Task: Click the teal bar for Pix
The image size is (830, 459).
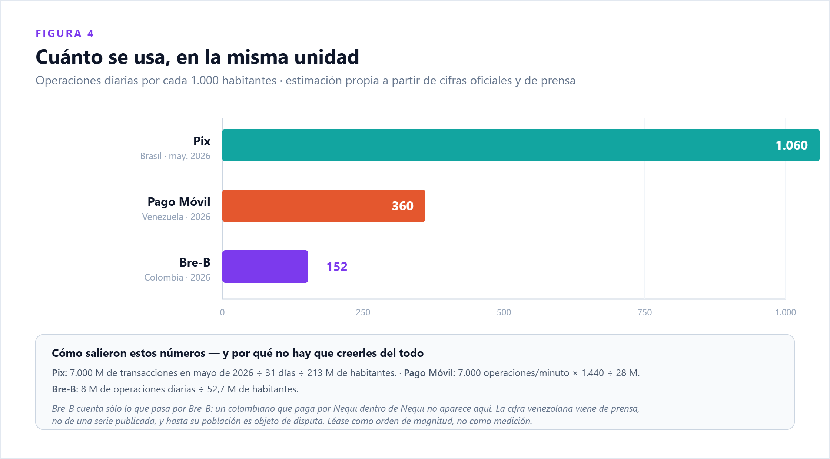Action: (x=521, y=145)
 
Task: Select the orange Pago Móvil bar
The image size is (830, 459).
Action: (x=324, y=206)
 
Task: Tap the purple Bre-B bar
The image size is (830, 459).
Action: (x=265, y=267)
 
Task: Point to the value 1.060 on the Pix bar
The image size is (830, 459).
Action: (x=791, y=145)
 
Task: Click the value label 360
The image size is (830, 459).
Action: (x=403, y=206)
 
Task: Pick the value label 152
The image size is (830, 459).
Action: (x=337, y=267)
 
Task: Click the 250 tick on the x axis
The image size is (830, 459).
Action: (x=363, y=312)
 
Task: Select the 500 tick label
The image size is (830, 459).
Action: (x=504, y=312)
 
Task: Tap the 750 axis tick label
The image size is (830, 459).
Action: (x=645, y=312)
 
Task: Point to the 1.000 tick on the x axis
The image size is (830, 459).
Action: (x=786, y=312)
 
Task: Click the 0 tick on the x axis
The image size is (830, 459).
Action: (x=222, y=312)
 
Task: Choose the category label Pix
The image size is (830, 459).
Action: (x=202, y=141)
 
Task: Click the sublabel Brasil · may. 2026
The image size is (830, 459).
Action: (x=175, y=156)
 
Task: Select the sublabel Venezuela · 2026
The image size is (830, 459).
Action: (x=176, y=217)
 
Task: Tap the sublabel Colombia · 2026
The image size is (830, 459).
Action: (x=177, y=278)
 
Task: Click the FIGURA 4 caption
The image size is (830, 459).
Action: (x=65, y=34)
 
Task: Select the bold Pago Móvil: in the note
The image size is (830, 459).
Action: (x=429, y=373)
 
